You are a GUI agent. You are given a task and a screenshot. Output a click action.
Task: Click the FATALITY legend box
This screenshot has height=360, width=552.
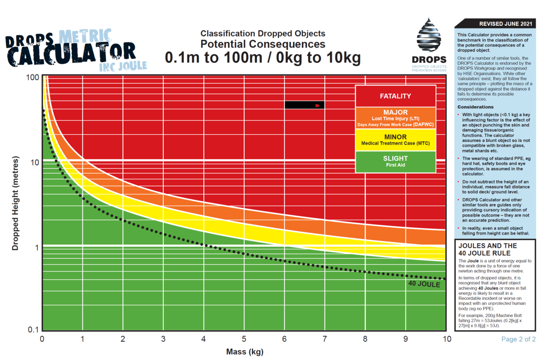click(395, 97)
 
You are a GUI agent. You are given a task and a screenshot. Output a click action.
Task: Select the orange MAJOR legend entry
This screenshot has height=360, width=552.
click(395, 118)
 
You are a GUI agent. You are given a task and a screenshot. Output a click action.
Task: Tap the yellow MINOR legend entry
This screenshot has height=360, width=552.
click(395, 140)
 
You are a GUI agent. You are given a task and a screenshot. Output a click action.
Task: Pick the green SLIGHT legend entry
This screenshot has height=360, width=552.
click(395, 161)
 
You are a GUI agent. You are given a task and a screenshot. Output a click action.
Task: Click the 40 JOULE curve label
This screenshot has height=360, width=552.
click(424, 285)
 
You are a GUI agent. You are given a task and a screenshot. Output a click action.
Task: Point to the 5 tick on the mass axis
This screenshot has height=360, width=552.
click(244, 339)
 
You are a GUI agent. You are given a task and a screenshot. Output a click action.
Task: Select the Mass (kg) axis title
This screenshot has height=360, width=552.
click(245, 352)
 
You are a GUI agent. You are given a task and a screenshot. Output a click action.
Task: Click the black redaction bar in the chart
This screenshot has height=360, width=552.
click(305, 105)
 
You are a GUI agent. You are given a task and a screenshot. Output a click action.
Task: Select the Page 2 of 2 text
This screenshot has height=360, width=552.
click(518, 340)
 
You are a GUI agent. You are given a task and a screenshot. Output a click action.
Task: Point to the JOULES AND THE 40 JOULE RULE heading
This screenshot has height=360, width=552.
click(488, 250)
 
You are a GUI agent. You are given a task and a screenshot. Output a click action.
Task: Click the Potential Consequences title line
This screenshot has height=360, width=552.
click(263, 44)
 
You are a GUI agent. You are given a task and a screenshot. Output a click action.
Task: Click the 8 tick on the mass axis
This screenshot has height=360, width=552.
click(365, 339)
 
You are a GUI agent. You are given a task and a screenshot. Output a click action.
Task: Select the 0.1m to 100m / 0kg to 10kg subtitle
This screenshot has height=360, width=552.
click(263, 58)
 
